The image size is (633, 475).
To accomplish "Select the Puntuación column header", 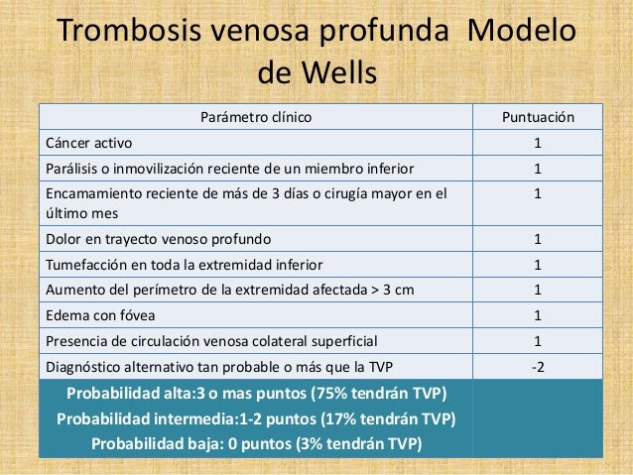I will [537, 118].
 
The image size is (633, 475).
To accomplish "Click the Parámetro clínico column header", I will [256, 118].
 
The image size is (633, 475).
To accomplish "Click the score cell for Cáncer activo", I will [537, 143].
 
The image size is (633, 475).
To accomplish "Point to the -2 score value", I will [537, 367].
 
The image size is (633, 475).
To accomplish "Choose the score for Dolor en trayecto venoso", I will [537, 240].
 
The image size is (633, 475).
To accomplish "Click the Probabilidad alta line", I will [257, 395].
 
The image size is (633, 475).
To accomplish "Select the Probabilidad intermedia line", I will [256, 419].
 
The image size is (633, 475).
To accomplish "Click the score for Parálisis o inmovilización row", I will [537, 168].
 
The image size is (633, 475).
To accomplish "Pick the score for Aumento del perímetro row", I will [537, 291].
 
